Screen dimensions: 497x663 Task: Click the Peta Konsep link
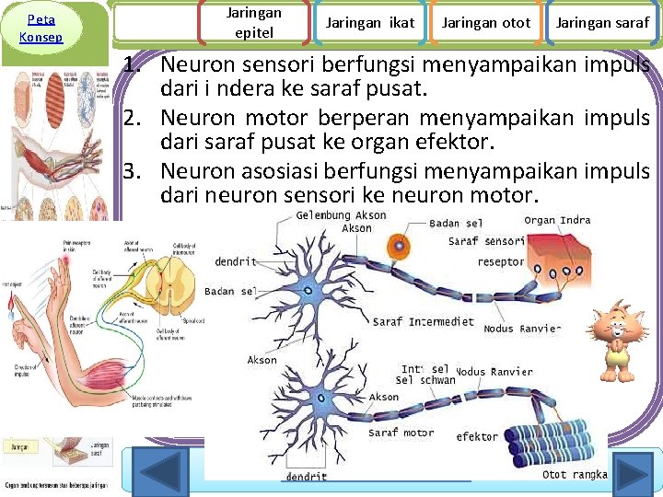(x=41, y=28)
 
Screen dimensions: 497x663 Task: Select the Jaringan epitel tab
(x=253, y=23)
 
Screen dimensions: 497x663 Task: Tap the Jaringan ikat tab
(x=369, y=23)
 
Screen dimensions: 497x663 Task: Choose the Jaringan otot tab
(x=485, y=23)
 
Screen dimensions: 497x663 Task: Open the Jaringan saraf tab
(x=602, y=23)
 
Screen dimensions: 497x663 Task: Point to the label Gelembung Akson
(x=341, y=215)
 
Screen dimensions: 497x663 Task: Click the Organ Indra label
(x=557, y=221)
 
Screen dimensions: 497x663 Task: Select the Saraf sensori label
(x=486, y=242)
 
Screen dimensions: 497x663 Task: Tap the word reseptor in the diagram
(x=501, y=262)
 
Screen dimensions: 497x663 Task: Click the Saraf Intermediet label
(x=423, y=322)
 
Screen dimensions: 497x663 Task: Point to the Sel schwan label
(x=425, y=380)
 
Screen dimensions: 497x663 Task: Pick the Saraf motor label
(x=401, y=433)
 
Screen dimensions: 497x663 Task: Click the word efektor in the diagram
(x=477, y=437)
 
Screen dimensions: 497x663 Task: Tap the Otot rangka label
(x=575, y=475)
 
